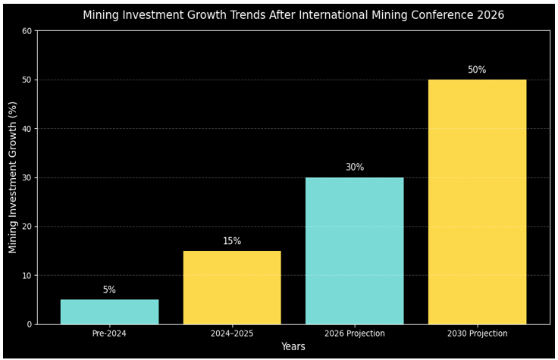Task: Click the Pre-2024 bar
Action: click(x=109, y=312)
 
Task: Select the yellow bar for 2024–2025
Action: click(x=232, y=288)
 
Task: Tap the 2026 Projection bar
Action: click(x=355, y=251)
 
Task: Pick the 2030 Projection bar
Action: click(x=477, y=202)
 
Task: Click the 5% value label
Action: click(x=109, y=290)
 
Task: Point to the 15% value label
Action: click(x=232, y=242)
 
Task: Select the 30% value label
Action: click(x=355, y=167)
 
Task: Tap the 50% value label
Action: click(x=477, y=70)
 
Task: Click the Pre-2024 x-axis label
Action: click(x=109, y=333)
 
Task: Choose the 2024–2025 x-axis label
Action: click(x=232, y=333)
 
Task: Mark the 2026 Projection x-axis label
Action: click(x=355, y=333)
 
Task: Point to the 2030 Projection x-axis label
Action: click(x=477, y=333)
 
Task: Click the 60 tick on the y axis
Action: click(x=27, y=31)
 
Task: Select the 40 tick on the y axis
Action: click(x=27, y=129)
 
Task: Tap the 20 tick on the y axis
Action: click(x=27, y=227)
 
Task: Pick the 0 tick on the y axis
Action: click(x=30, y=324)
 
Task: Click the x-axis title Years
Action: click(x=293, y=347)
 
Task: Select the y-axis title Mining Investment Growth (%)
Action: click(x=13, y=177)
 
